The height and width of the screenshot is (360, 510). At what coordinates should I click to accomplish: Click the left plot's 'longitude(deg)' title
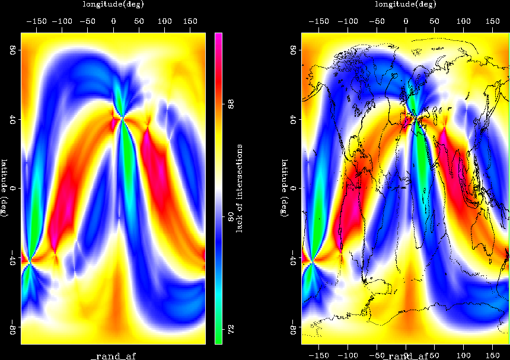click(113, 4)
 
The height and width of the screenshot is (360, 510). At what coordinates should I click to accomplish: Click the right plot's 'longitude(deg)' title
click(406, 4)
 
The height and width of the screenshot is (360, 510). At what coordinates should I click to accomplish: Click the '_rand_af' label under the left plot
click(113, 355)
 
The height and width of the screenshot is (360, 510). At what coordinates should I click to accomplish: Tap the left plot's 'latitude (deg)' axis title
click(5, 188)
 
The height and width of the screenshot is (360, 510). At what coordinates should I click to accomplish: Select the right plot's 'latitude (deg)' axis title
click(285, 188)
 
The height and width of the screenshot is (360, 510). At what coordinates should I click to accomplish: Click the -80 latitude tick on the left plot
click(11, 327)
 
